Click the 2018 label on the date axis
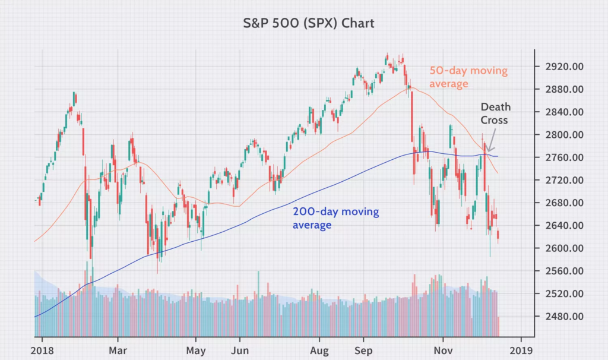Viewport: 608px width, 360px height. (42, 350)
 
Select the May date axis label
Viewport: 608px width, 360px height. (195, 350)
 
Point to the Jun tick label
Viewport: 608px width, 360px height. (240, 350)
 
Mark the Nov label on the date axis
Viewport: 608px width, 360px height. (444, 350)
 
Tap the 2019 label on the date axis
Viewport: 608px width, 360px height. (521, 350)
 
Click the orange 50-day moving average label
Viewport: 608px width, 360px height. (468, 77)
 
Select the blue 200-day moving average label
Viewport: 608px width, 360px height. (335, 218)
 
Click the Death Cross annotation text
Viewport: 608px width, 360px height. (495, 113)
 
